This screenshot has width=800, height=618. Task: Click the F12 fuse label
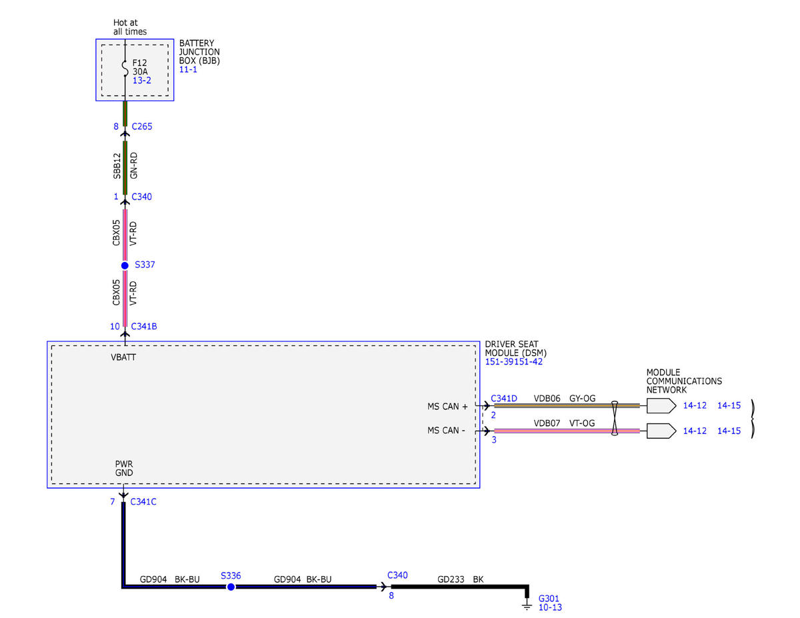click(x=139, y=63)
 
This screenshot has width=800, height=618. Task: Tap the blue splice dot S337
click(x=125, y=265)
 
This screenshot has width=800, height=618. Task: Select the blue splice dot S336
click(x=231, y=587)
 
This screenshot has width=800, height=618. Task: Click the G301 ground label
click(x=549, y=599)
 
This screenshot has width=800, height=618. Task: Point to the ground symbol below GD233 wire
click(x=527, y=606)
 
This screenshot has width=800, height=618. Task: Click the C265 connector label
click(x=142, y=126)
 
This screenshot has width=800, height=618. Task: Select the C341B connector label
click(x=144, y=326)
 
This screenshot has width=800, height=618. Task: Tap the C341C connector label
click(x=143, y=502)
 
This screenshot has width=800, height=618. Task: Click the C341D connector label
click(x=503, y=398)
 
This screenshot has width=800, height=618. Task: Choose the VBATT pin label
click(x=123, y=357)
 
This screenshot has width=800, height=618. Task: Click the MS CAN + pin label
click(x=447, y=407)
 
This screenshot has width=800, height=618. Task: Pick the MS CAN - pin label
click(x=446, y=430)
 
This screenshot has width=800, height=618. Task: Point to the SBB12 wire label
click(x=117, y=166)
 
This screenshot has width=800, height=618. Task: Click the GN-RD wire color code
click(x=133, y=165)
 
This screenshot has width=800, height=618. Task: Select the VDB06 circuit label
click(x=547, y=398)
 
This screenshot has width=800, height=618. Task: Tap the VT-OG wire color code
click(x=582, y=423)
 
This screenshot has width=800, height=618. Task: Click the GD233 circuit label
click(x=451, y=579)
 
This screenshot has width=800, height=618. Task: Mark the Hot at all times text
click(x=129, y=27)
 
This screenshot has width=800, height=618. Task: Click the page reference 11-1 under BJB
click(x=188, y=69)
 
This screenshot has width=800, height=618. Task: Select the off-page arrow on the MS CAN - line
click(x=661, y=431)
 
